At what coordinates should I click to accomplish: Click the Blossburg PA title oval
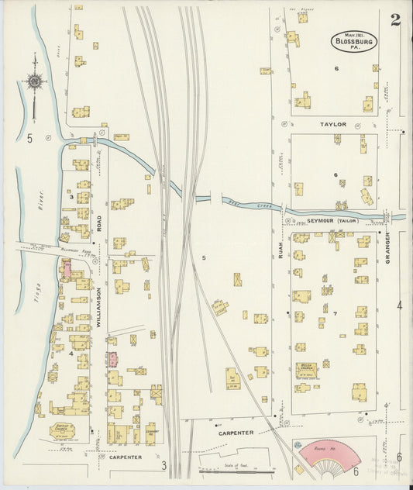pos(354,41)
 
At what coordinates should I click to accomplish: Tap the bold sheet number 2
pos(395,20)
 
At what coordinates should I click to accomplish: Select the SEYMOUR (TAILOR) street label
pos(331,221)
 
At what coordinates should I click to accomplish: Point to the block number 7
pos(336,313)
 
